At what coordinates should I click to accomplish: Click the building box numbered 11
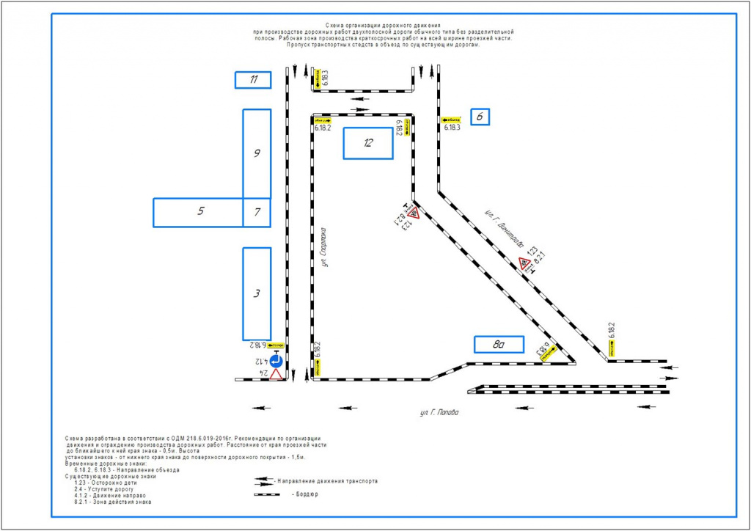pyautogui.click(x=253, y=80)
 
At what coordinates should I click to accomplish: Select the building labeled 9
pyautogui.click(x=257, y=153)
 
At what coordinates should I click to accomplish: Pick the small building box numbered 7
pyautogui.click(x=257, y=212)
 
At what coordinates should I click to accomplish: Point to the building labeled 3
pyautogui.click(x=257, y=293)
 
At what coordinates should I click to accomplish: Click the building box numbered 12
pyautogui.click(x=368, y=143)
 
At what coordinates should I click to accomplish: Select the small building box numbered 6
pyautogui.click(x=480, y=116)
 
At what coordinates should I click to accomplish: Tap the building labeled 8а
pyautogui.click(x=498, y=343)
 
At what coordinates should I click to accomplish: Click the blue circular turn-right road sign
pyautogui.click(x=276, y=361)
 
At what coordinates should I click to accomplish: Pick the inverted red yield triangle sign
pyautogui.click(x=276, y=375)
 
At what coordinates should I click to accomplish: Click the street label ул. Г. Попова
pyautogui.click(x=440, y=413)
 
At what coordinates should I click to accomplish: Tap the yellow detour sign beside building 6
pyautogui.click(x=451, y=119)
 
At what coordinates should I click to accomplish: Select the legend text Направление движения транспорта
pyautogui.click(x=329, y=481)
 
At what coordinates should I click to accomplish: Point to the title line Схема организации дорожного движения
pyautogui.click(x=382, y=26)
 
